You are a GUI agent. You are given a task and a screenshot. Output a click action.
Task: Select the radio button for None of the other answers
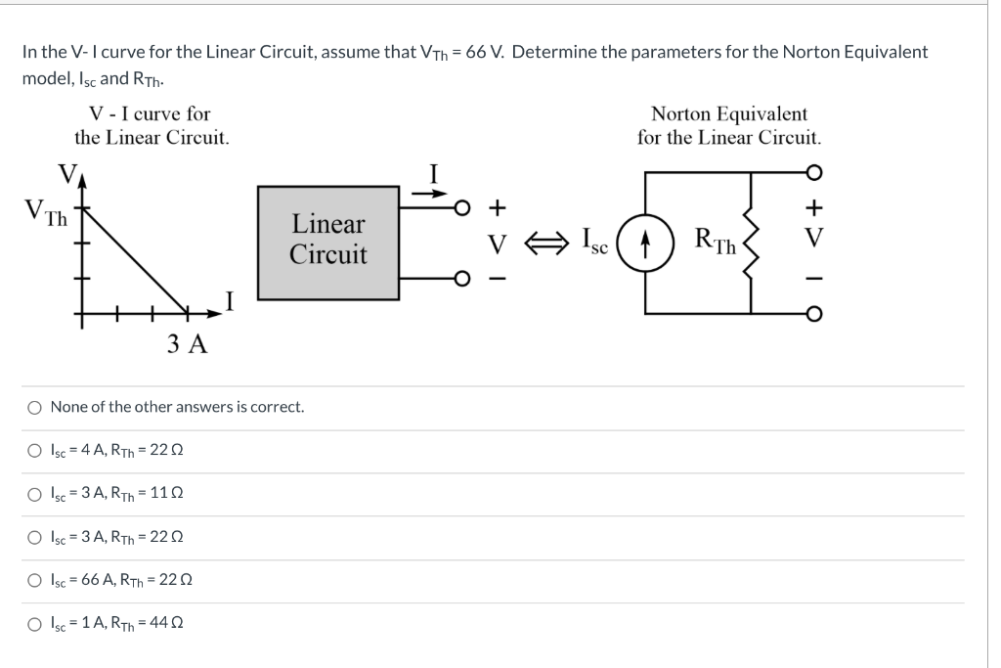pyautogui.click(x=34, y=406)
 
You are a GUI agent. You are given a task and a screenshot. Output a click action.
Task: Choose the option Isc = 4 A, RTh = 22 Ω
pyautogui.click(x=34, y=450)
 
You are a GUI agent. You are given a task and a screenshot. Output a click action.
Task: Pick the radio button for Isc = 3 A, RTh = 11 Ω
pyautogui.click(x=34, y=493)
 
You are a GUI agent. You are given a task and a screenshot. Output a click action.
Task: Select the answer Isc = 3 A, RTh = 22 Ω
pyautogui.click(x=34, y=536)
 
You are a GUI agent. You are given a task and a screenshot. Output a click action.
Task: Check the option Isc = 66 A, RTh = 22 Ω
pyautogui.click(x=34, y=579)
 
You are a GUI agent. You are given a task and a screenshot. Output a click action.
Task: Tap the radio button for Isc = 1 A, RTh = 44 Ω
pyautogui.click(x=34, y=623)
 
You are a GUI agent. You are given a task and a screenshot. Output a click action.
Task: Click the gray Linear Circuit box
pyautogui.click(x=328, y=241)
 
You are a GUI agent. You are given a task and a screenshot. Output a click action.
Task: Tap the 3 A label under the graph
pyautogui.click(x=187, y=344)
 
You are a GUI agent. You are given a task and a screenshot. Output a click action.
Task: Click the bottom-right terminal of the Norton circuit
pyautogui.click(x=813, y=314)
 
